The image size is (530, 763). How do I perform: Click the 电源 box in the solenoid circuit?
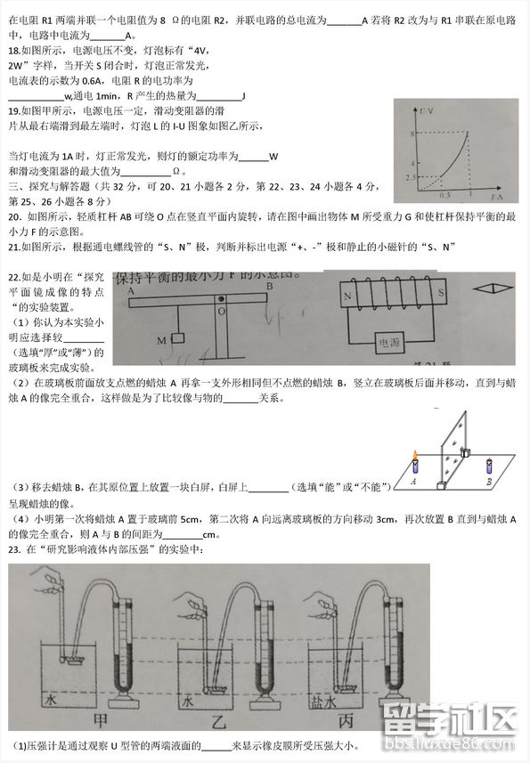pos(389,341)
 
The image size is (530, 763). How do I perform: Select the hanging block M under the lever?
pos(176,339)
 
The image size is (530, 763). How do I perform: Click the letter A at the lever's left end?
pos(131,291)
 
